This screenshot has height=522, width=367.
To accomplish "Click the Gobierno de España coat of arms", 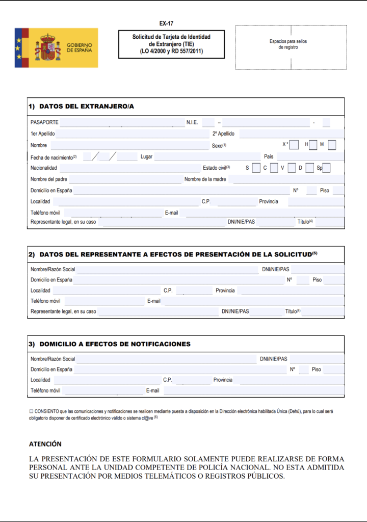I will click(48, 47).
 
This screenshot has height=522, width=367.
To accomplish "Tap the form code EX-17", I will click(166, 23).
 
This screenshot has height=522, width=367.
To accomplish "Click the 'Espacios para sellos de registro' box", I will click(288, 47).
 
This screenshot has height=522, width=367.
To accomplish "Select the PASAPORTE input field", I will click(122, 122).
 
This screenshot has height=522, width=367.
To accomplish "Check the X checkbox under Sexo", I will click(294, 145).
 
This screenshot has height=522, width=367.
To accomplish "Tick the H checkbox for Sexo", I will click(313, 145).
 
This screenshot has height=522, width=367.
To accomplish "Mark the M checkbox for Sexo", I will click(332, 145).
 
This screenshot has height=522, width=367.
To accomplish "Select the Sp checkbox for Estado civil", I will click(326, 168).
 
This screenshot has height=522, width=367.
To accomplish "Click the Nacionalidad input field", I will click(130, 168).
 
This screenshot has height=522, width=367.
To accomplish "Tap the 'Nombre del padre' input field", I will click(125, 179).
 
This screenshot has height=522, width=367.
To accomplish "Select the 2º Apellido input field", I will click(291, 134).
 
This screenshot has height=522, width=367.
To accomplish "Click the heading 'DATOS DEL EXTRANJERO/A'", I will click(86, 107).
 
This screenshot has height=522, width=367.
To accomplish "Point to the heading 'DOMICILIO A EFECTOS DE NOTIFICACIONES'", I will click(115, 344).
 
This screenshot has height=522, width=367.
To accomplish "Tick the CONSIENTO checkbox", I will click(31, 411).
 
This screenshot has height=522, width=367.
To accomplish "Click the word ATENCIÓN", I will click(45, 444).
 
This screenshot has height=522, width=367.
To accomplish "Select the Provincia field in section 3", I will click(291, 380).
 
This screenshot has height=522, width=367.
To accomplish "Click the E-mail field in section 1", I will click(264, 213).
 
